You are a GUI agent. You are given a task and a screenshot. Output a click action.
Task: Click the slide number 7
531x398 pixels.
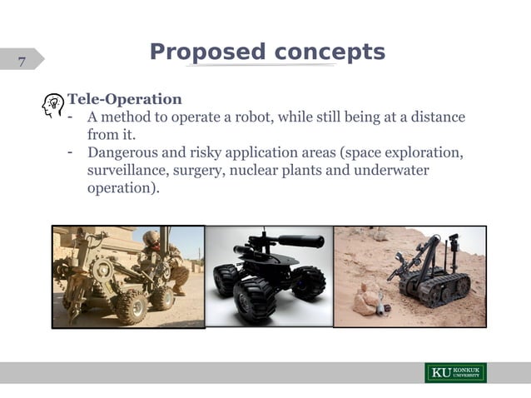22,61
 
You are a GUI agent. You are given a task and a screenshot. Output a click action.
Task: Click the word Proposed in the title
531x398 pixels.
206,52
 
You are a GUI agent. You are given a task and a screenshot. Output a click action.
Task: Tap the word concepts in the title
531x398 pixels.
329,52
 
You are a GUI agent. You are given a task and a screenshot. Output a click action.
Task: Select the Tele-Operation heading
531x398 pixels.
125,100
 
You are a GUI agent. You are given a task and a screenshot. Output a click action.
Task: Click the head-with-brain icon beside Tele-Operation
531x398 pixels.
52,106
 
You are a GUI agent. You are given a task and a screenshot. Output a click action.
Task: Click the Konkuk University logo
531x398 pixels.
455,372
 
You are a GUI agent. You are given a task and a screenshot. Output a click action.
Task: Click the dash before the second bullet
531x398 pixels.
72,152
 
